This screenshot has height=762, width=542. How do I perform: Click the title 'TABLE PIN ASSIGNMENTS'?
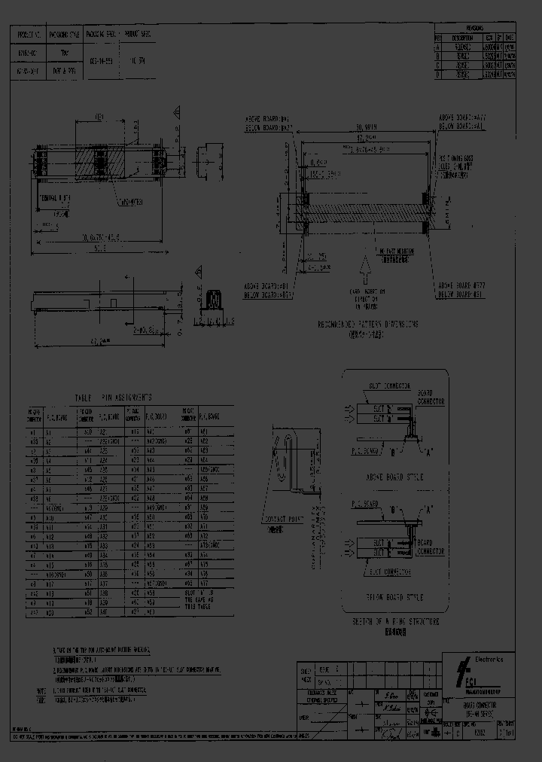113,397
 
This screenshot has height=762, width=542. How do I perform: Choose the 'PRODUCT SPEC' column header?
138,35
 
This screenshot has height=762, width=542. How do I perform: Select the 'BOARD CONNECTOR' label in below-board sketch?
431,545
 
